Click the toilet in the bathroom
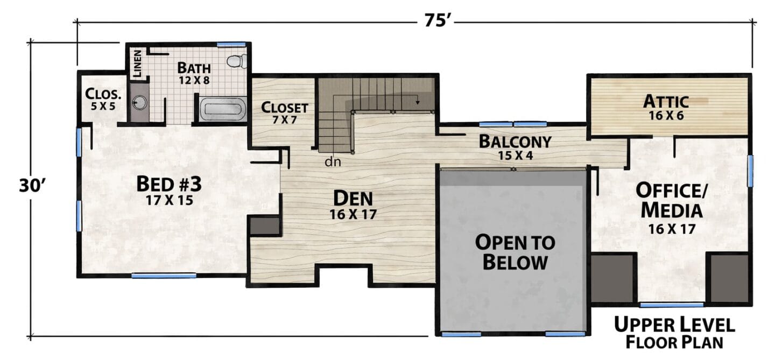click(237, 61)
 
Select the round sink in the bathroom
click(140, 103)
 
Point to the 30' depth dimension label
click(32, 186)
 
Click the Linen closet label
click(137, 63)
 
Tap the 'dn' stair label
click(333, 161)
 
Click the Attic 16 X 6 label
click(666, 108)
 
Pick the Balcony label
click(515, 142)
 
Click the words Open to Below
click(515, 252)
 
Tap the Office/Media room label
click(672, 201)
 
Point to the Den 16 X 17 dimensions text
click(353, 215)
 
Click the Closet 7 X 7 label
click(284, 113)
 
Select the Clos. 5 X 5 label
click(103, 99)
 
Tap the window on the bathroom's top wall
click(231, 45)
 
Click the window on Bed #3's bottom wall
click(164, 276)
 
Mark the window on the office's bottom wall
click(672, 305)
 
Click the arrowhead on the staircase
click(418, 102)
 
